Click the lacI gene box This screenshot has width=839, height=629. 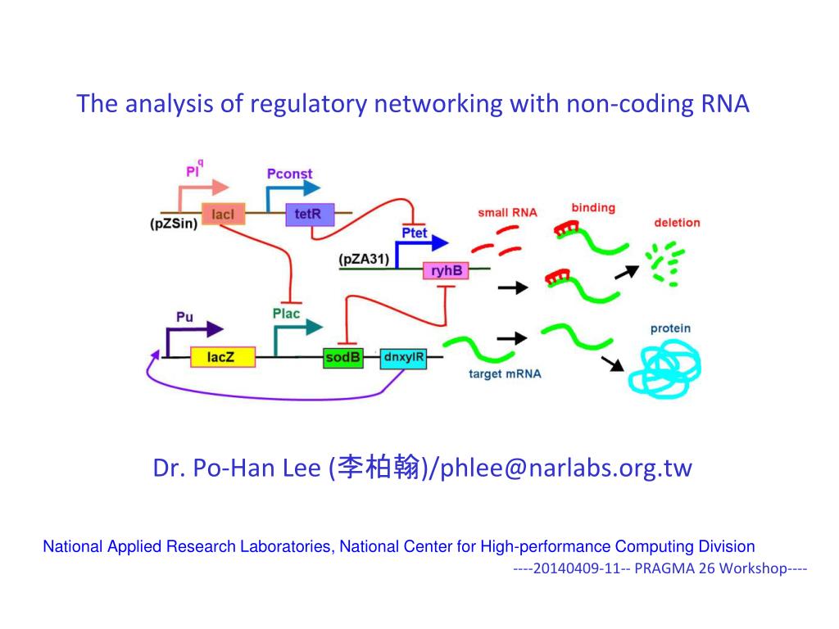pyautogui.click(x=223, y=214)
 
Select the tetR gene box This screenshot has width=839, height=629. pyautogui.click(x=310, y=215)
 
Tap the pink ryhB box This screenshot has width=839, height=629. pyautogui.click(x=447, y=270)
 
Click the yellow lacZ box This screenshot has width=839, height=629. pyautogui.click(x=223, y=357)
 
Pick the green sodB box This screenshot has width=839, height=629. pyautogui.click(x=343, y=357)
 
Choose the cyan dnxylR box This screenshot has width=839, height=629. pyautogui.click(x=403, y=358)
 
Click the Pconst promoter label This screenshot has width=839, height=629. pyautogui.click(x=289, y=174)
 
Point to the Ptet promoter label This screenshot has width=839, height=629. pyautogui.click(x=415, y=233)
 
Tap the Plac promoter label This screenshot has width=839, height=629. pyautogui.click(x=286, y=314)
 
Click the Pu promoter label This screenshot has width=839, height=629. pyautogui.click(x=184, y=317)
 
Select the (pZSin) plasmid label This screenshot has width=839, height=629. pyautogui.click(x=174, y=224)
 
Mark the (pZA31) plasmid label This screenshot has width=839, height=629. pyautogui.click(x=364, y=260)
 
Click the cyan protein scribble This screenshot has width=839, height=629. pyautogui.click(x=664, y=369)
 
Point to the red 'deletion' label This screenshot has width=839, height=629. pyautogui.click(x=677, y=223)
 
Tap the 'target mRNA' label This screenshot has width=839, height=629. pyautogui.click(x=505, y=373)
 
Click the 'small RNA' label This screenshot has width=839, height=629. pyautogui.click(x=507, y=213)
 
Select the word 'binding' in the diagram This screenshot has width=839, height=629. pyautogui.click(x=593, y=208)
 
